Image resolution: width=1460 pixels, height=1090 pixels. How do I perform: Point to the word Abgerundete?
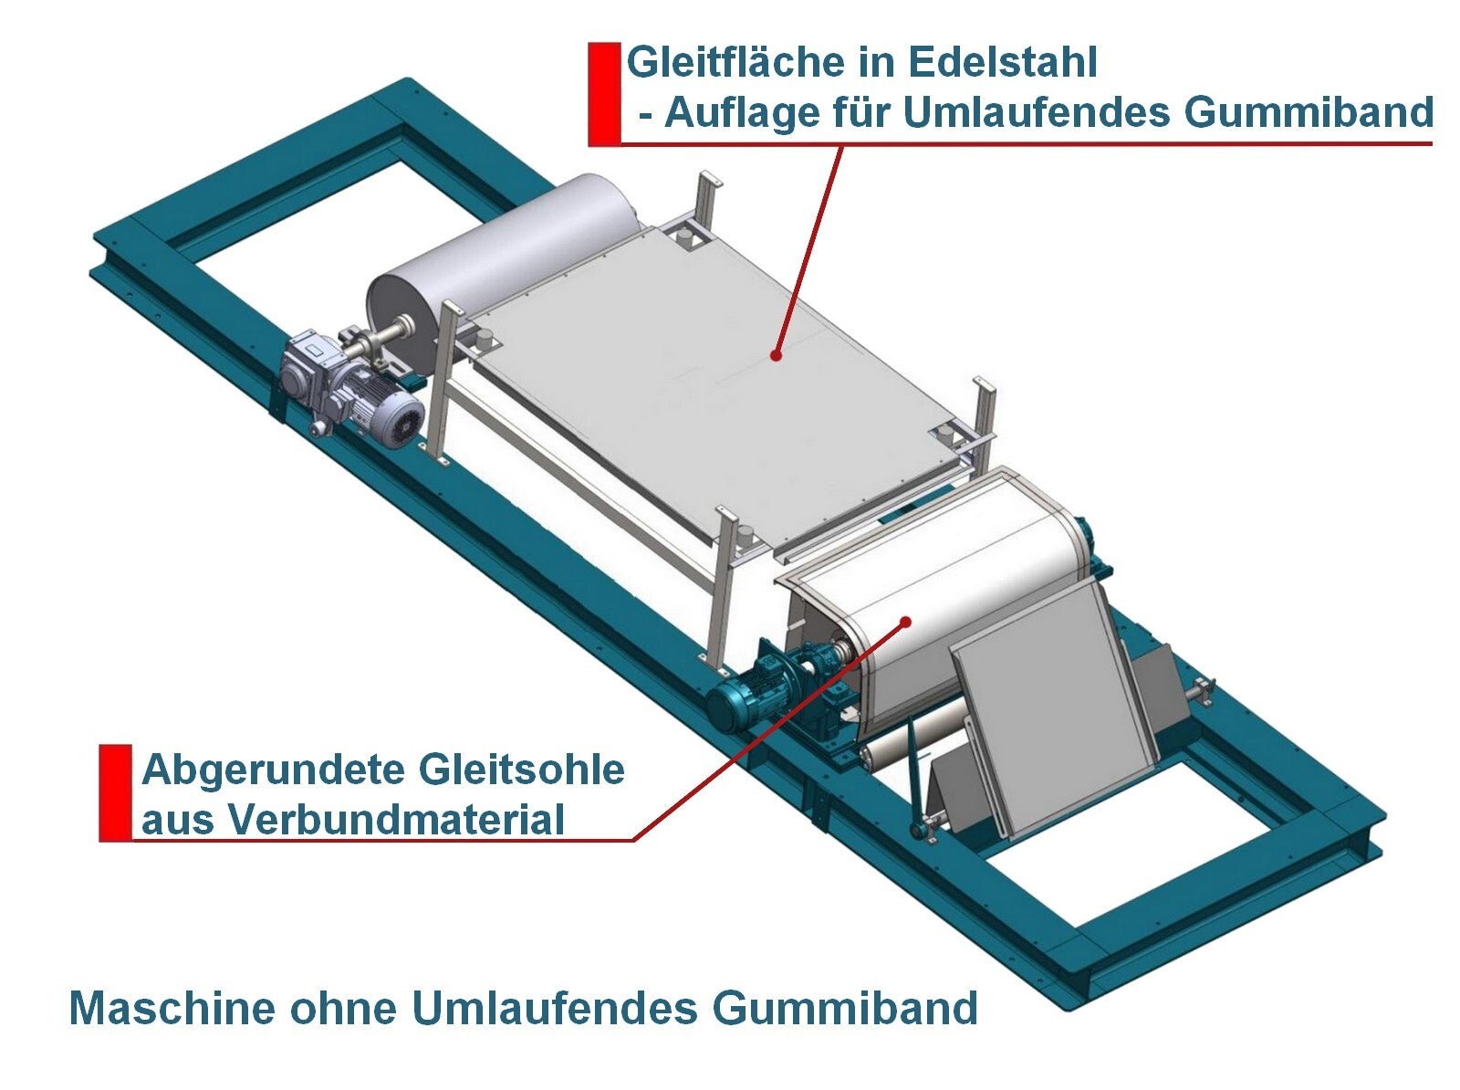274,770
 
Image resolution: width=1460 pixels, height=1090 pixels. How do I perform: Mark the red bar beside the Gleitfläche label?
603,94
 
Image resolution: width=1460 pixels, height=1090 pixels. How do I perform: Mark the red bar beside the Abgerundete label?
115,792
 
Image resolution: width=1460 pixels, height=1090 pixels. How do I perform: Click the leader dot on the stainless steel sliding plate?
776,354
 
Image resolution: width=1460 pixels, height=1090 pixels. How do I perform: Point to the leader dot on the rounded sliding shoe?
906,622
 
